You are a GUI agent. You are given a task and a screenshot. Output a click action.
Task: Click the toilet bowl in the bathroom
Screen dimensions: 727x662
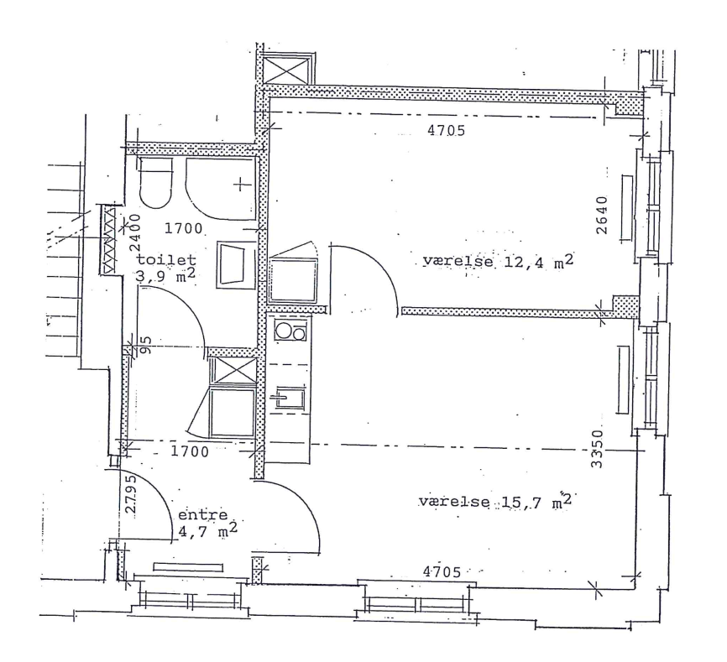tap(155, 183)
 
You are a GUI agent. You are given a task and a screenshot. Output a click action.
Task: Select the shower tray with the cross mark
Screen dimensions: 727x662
tap(221, 189)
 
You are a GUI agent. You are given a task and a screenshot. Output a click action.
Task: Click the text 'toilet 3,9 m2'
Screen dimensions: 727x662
tap(165, 268)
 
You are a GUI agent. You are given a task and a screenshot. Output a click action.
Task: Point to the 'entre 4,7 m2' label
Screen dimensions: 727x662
tap(207, 523)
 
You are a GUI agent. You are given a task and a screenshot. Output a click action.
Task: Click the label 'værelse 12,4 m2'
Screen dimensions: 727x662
tap(498, 261)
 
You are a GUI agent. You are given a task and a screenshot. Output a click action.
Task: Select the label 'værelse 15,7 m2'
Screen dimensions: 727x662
tap(494, 501)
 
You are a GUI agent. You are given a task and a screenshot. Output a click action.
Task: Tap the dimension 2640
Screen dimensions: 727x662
tap(601, 215)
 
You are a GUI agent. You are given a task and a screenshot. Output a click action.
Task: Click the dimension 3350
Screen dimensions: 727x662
tap(598, 449)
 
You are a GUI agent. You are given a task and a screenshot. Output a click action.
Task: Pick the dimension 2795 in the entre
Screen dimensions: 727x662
tap(131, 493)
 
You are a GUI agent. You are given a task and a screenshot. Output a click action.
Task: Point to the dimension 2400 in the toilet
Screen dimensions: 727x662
tap(135, 232)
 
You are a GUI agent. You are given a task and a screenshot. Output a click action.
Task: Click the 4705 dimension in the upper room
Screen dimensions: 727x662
tap(446, 131)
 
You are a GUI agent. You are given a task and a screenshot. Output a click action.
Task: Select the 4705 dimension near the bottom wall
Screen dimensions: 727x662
tap(442, 572)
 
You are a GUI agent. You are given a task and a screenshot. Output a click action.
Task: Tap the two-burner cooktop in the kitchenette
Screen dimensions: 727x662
tap(290, 331)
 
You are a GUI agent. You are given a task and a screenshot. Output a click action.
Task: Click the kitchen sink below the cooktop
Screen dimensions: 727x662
tap(290, 398)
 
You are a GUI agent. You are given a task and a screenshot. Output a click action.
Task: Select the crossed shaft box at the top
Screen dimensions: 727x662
tap(285, 70)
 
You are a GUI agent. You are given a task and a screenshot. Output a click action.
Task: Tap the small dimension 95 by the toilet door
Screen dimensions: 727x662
tap(145, 345)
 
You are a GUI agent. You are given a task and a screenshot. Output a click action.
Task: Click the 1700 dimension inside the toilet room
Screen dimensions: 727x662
tap(184, 228)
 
